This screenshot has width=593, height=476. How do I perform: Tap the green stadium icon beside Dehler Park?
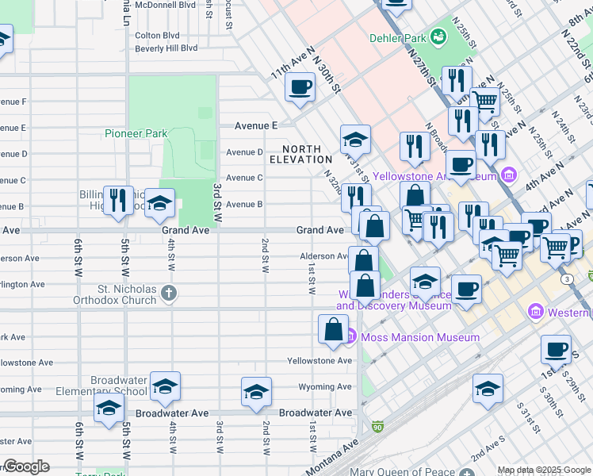pyautogui.click(x=438, y=37)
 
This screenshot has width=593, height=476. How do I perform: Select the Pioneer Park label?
pyautogui.click(x=136, y=133)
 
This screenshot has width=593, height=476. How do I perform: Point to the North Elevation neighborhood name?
pyautogui.click(x=301, y=154)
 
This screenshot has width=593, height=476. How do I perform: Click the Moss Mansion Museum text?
pyautogui.click(x=419, y=337)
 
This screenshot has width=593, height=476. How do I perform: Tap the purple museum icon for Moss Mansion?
pyautogui.click(x=350, y=337)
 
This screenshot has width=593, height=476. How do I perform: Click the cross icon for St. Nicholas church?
pyautogui.click(x=168, y=294)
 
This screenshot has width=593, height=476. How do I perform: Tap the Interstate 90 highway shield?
pyautogui.click(x=378, y=427)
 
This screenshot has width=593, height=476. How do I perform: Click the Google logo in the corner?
pyautogui.click(x=25, y=466)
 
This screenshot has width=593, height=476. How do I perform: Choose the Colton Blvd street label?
pyautogui.click(x=157, y=35)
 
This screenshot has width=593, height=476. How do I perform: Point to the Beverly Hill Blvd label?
pyautogui.click(x=166, y=48)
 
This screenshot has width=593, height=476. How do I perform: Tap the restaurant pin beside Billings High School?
pyautogui.click(x=118, y=200)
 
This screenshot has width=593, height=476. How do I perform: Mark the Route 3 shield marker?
pyautogui.click(x=566, y=279)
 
